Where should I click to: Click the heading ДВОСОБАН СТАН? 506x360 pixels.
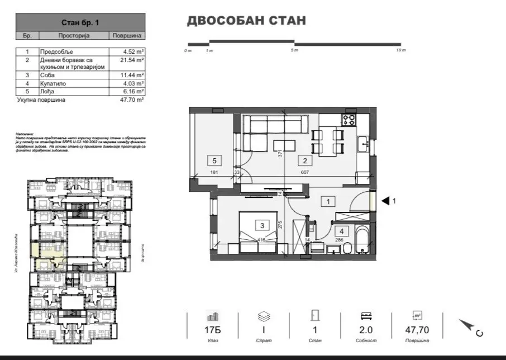(x=246, y=21)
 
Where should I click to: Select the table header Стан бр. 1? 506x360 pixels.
(x=80, y=23)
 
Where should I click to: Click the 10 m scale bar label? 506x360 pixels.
(x=400, y=50)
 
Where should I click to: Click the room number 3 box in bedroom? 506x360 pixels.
(x=261, y=225)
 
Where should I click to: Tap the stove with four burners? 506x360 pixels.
(x=349, y=119)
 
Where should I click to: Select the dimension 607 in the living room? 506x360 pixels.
(x=304, y=172)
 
